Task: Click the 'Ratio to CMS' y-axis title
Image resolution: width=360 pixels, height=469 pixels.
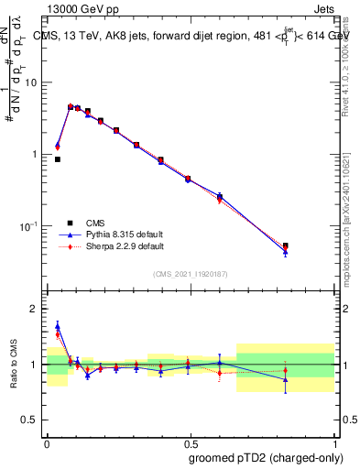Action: tap(14, 365)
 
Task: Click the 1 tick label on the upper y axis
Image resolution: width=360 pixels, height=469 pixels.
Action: tap(35, 154)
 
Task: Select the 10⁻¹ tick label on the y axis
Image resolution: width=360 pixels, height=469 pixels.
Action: tap(29, 225)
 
